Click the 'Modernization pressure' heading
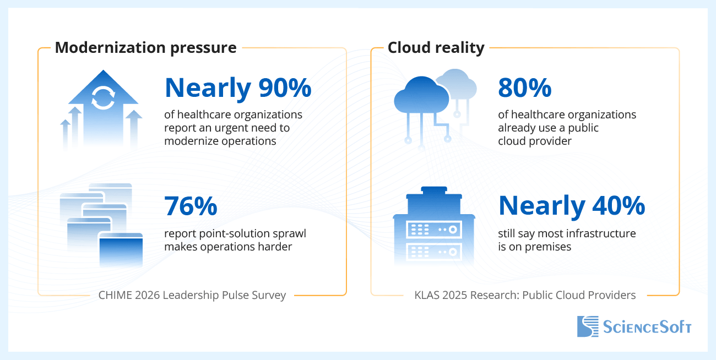coord(145,47)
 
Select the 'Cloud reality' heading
coord(436,47)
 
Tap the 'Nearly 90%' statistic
coord(238,88)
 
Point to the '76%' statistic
coord(191,206)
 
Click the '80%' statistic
coord(524,88)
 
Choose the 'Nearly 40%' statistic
coord(571,206)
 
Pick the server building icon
coord(433,228)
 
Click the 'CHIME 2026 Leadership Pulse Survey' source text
coord(192,296)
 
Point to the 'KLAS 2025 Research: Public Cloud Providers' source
coord(525,296)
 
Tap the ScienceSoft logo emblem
coord(587,326)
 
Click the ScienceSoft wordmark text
coord(647,327)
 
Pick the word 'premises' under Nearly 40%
coord(549,247)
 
